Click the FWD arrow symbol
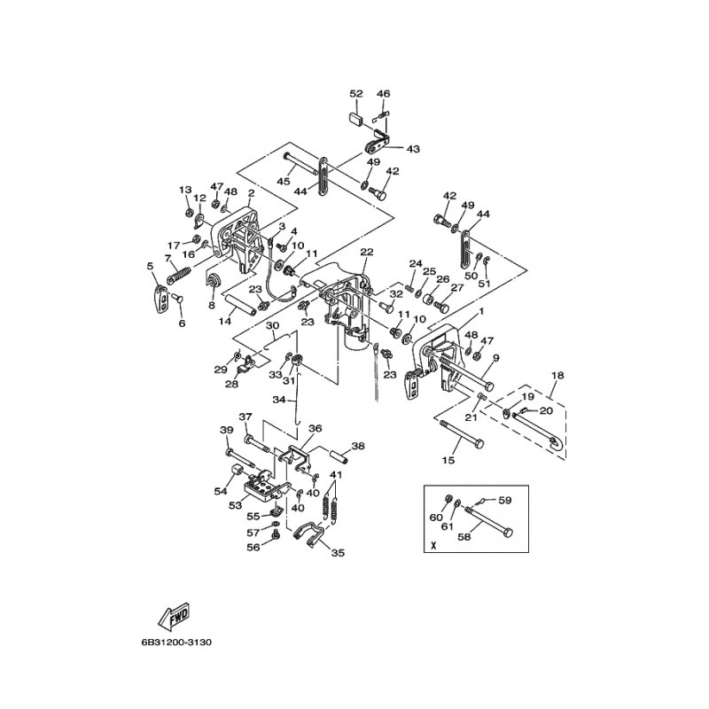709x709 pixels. tap(174, 616)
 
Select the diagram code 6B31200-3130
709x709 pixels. tap(176, 642)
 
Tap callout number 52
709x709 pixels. tap(356, 94)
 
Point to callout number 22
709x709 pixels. tap(367, 252)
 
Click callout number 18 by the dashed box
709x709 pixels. tap(557, 375)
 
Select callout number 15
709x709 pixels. tap(448, 460)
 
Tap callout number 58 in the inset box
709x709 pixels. tap(464, 537)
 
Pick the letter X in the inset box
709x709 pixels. tap(434, 545)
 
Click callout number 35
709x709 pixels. tap(338, 552)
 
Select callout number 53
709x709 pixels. tap(235, 505)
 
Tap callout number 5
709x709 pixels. tap(150, 267)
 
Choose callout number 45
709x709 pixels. tap(284, 181)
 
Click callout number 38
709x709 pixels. tap(358, 446)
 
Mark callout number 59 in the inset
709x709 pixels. tap(504, 501)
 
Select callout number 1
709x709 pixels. tap(481, 311)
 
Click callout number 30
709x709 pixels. tap(272, 325)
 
